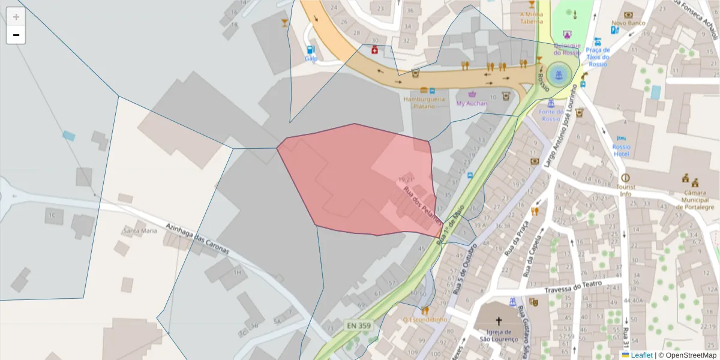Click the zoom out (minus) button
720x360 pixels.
[x=16, y=35]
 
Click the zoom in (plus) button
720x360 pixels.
[x=16, y=17]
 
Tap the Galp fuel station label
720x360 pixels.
[x=311, y=58]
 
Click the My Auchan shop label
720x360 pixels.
[x=472, y=103]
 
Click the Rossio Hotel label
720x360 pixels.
[x=621, y=150]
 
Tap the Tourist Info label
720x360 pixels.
[x=626, y=190]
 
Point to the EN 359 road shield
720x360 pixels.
[x=359, y=325]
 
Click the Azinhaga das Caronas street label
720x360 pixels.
[x=197, y=236]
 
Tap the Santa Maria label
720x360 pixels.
[x=140, y=230]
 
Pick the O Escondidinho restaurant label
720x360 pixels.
[x=425, y=319]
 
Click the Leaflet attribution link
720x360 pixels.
[x=641, y=355]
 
